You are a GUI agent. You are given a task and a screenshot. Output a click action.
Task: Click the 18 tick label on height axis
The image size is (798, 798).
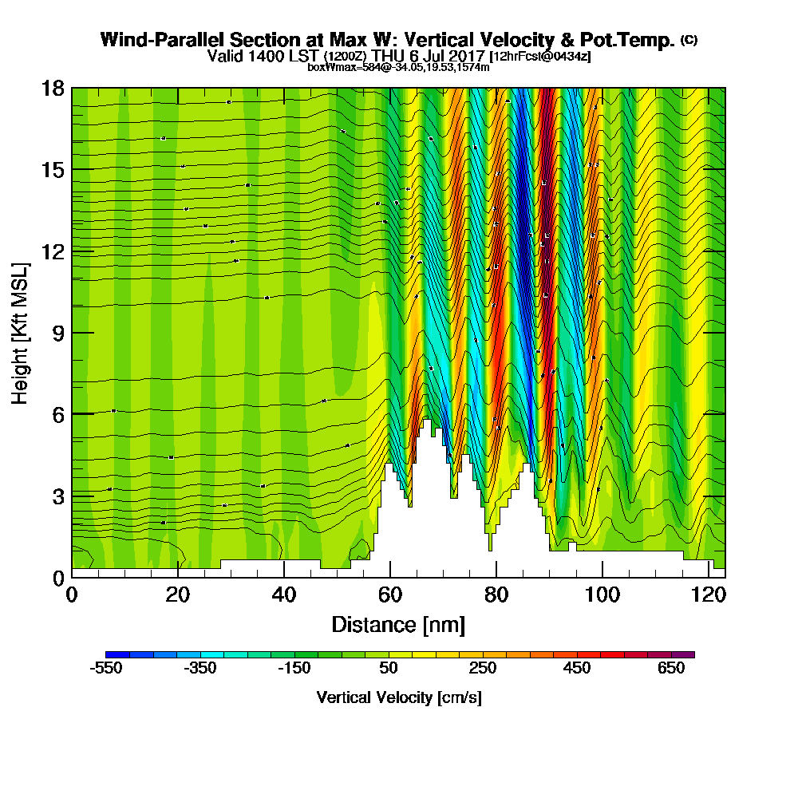(x=53, y=88)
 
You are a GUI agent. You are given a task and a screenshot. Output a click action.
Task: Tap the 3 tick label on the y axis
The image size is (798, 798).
(x=57, y=496)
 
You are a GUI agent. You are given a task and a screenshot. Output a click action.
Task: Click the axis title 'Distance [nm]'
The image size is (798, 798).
(x=398, y=624)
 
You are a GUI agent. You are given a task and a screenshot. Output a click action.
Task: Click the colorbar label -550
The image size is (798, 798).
(x=106, y=669)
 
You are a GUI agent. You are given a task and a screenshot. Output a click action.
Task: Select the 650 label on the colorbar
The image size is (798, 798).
(x=672, y=669)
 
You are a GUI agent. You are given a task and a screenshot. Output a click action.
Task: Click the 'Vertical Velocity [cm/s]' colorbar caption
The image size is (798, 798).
(x=398, y=697)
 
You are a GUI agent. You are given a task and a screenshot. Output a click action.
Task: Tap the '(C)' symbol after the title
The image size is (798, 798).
(x=689, y=39)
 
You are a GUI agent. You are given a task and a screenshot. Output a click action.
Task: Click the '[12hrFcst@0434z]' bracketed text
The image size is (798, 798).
(x=540, y=57)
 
